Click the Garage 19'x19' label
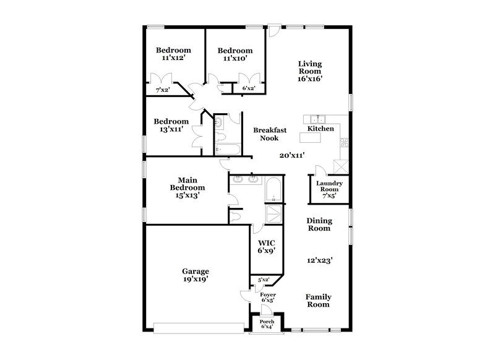pos(195,275)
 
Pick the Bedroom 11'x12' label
pos(173,54)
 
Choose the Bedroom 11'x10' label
pos(235,54)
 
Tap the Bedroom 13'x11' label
pos(171,126)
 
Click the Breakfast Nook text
pos(269,134)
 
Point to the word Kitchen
pos(322,129)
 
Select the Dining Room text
pos(319,224)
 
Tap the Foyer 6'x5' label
pos(267,298)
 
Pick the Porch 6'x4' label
pos(267,324)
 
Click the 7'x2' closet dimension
pos(163,91)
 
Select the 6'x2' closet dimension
pos(249,88)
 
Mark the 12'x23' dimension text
pos(321,260)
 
